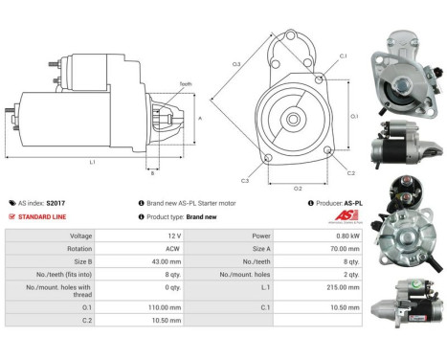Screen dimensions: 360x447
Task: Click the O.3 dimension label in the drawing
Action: coord(236,64)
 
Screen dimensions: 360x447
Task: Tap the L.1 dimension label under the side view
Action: coord(92,162)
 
